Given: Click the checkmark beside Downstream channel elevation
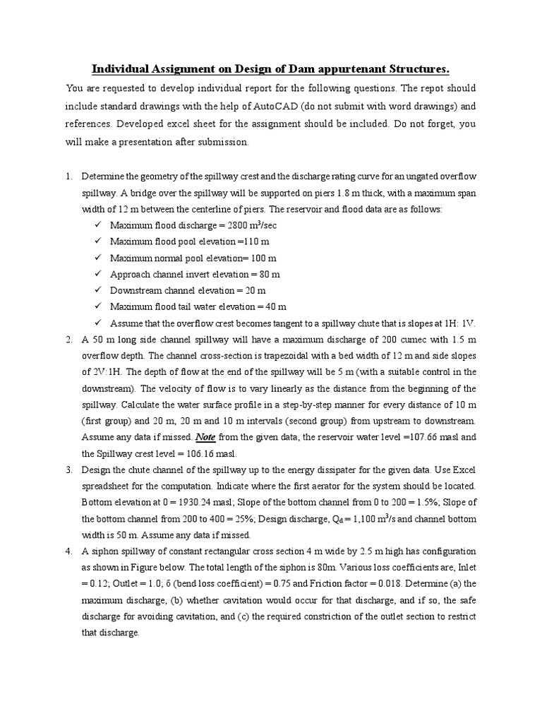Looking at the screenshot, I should tap(97, 290).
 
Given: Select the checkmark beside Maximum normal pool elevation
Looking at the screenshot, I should tap(97, 258).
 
